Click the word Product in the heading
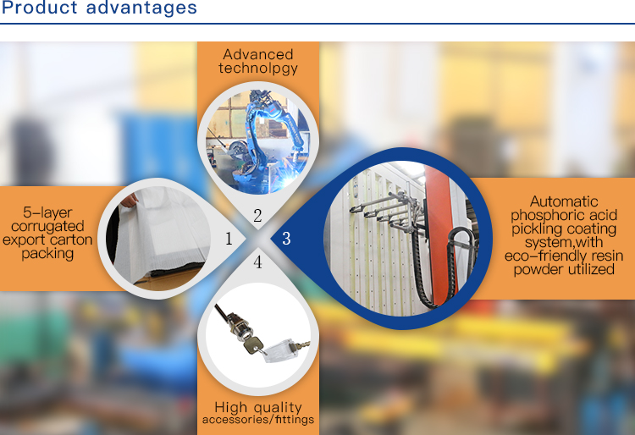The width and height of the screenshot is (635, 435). tap(39, 8)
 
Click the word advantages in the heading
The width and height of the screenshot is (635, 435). tap(141, 8)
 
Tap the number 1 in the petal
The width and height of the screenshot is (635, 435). tap(229, 239)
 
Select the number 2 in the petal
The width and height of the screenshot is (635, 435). tap(257, 216)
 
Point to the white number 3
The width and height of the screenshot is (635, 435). tap(286, 239)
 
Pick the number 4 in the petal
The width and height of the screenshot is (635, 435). tap(257, 262)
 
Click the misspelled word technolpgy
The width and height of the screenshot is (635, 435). tap(258, 69)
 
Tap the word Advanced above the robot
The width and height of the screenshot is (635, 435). tap(258, 54)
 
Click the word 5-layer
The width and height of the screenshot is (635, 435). tap(47, 213)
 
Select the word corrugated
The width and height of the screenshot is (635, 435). tap(47, 227)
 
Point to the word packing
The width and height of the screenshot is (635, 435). tap(47, 254)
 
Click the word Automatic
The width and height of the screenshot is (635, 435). tap(564, 201)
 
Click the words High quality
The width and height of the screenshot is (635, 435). tap(258, 407)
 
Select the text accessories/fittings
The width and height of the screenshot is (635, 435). tap(258, 420)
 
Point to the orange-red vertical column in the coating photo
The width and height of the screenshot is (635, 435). tap(439, 234)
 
